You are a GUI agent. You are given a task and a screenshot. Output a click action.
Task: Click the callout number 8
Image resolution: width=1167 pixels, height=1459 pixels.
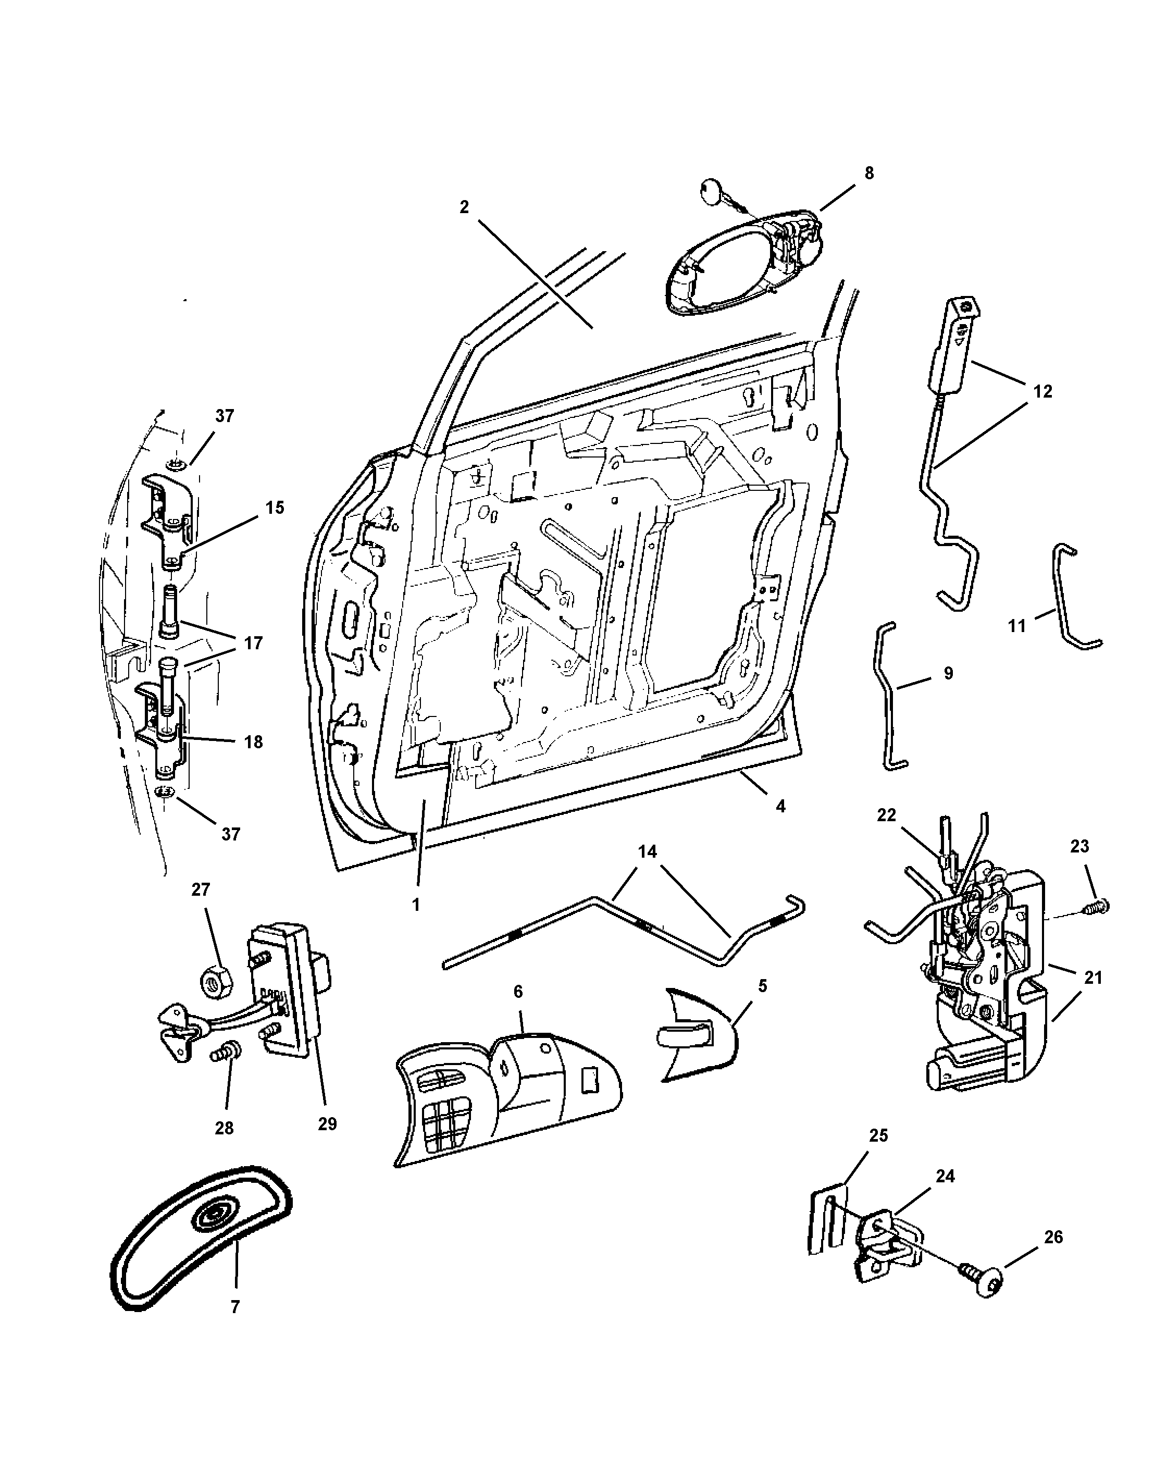click(x=868, y=173)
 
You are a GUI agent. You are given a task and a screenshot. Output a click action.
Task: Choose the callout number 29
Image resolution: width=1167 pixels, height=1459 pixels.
click(x=327, y=1123)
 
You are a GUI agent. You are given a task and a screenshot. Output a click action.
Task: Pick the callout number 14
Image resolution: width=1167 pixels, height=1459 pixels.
click(x=648, y=851)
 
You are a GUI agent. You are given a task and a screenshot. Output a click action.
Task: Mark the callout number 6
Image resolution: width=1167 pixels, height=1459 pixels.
click(x=518, y=992)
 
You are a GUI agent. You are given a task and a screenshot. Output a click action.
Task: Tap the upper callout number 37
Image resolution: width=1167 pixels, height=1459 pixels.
click(x=225, y=415)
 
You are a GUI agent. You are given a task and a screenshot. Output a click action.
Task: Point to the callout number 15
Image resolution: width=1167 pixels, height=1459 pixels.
click(x=275, y=508)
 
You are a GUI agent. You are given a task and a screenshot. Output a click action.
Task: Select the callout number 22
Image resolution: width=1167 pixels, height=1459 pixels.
click(x=886, y=815)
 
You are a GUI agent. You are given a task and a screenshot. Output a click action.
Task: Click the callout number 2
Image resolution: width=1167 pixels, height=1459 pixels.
click(x=464, y=207)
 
